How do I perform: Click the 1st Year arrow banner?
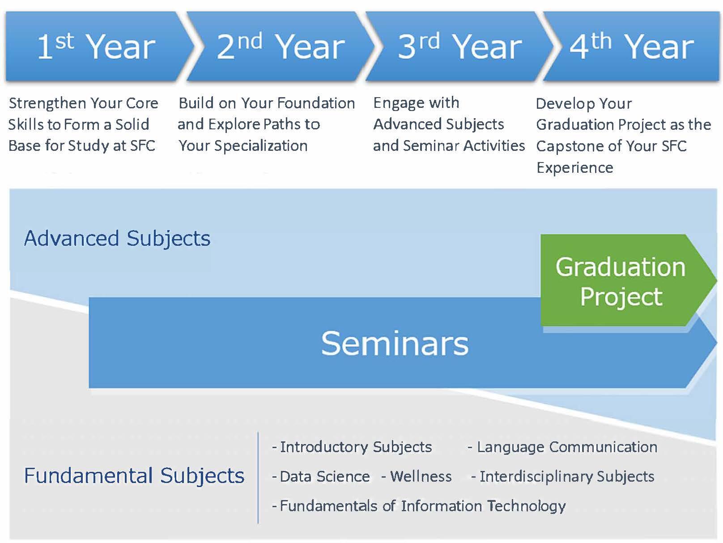click(96, 47)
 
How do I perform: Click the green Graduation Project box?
click(621, 281)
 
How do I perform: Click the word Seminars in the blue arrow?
click(395, 343)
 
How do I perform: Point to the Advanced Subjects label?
click(117, 238)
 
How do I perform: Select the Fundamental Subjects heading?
click(134, 475)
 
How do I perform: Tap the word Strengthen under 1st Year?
click(43, 103)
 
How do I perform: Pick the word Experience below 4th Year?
click(575, 167)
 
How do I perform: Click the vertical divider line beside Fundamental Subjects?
click(258, 477)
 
